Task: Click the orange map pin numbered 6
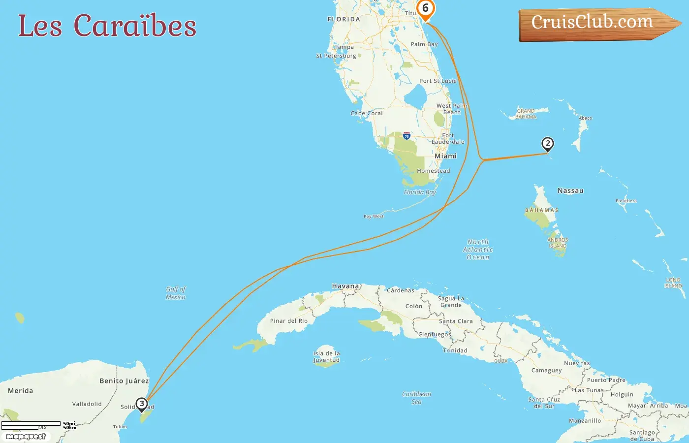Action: click(425, 9)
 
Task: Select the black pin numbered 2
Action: click(547, 144)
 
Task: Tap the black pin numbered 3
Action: click(142, 404)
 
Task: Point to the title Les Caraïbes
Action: click(107, 26)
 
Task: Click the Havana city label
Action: click(345, 286)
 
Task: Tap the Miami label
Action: click(445, 156)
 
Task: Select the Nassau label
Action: click(570, 190)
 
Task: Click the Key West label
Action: click(374, 216)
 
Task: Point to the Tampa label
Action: click(344, 47)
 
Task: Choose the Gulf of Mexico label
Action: click(176, 293)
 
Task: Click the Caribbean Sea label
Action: click(416, 398)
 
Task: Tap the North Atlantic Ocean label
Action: click(478, 249)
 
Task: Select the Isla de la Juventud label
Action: click(326, 356)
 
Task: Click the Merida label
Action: click(21, 391)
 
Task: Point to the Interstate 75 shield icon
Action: click(407, 136)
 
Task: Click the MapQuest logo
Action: click(26, 436)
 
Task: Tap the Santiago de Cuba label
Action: click(642, 436)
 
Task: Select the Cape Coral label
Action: click(367, 113)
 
